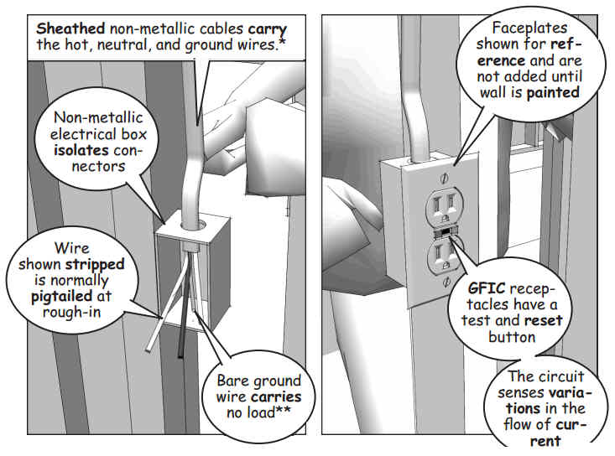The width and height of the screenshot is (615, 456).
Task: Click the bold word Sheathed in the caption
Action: coord(70,28)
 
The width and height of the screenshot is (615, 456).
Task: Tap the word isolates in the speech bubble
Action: coord(81,150)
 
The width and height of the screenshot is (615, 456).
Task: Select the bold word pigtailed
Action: coord(61,297)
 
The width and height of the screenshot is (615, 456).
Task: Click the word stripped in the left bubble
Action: coord(96,265)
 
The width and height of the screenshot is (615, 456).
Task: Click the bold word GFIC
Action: coord(487,288)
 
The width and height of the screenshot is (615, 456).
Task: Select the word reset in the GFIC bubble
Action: coord(543,320)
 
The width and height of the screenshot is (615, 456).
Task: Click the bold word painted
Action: coord(553,93)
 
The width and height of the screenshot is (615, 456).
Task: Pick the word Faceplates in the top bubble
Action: coord(529,28)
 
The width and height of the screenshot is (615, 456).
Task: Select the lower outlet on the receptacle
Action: coord(445,256)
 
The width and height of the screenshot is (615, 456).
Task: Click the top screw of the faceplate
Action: coord(445,179)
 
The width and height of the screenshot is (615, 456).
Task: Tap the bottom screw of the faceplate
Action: coord(446,282)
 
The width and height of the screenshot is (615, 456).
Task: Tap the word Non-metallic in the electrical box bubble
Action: coord(98,117)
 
